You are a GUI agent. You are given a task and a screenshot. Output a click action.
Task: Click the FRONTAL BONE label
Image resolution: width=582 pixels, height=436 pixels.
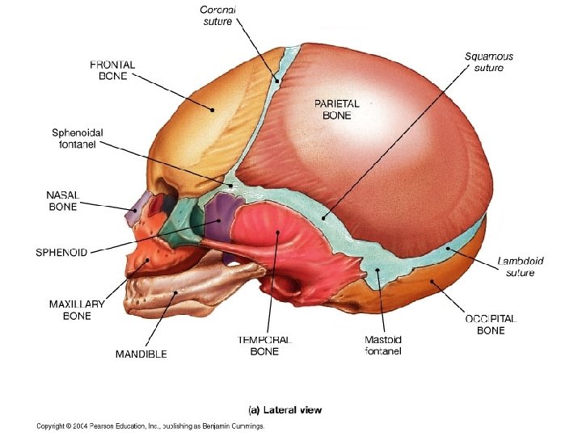pyautogui.click(x=112, y=69)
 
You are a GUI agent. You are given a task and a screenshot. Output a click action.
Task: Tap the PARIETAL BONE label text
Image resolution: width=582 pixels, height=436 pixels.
pyautogui.click(x=336, y=109)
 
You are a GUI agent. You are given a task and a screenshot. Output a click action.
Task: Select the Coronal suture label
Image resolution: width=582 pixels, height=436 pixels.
pyautogui.click(x=218, y=15)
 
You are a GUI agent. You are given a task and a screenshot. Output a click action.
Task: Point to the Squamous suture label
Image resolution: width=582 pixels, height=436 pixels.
pyautogui.click(x=488, y=62)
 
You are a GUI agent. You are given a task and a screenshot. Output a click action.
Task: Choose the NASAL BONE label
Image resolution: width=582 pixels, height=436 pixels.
pyautogui.click(x=61, y=201)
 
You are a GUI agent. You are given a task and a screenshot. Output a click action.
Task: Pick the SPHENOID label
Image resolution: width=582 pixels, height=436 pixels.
pyautogui.click(x=61, y=252)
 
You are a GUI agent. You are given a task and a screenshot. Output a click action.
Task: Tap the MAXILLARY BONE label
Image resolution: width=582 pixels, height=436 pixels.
pyautogui.click(x=77, y=310)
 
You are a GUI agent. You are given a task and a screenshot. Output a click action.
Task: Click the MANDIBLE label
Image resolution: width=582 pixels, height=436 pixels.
pyautogui.click(x=141, y=354)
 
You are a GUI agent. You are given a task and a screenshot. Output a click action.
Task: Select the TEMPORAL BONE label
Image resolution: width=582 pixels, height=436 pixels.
pyautogui.click(x=264, y=346)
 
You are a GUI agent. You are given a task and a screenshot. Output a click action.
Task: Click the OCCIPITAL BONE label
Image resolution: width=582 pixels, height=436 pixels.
pyautogui.click(x=491, y=325)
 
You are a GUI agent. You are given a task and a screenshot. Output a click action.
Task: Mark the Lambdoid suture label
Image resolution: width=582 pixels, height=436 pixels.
pyautogui.click(x=521, y=266)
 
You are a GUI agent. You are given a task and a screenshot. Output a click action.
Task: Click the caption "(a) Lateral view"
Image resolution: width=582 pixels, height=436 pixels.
pyautogui.click(x=285, y=410)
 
